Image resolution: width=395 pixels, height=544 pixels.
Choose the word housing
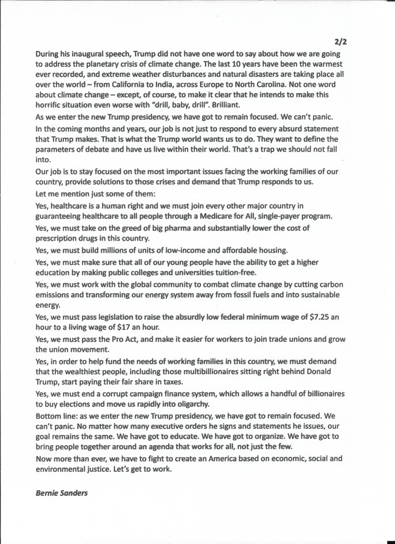(x=273, y=250)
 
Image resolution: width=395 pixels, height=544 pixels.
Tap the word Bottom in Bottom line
(x=49, y=416)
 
